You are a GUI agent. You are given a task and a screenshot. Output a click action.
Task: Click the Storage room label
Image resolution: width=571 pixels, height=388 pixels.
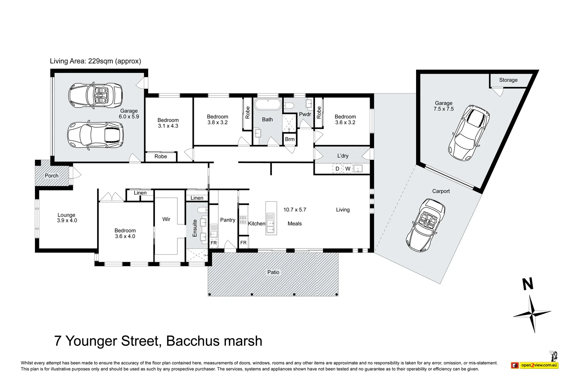tap(508, 80)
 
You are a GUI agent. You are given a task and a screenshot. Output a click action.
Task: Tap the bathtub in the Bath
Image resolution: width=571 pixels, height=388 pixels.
tap(268, 105)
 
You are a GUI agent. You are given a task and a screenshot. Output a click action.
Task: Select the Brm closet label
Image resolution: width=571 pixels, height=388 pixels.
tap(289, 139)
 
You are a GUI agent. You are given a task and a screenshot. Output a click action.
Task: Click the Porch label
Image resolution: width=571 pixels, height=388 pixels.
tap(51, 176)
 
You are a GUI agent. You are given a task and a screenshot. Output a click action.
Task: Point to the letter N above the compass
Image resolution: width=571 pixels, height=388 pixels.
tap(528, 284)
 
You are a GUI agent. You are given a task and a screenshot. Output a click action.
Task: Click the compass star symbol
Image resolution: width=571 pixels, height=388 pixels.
tap(532, 314)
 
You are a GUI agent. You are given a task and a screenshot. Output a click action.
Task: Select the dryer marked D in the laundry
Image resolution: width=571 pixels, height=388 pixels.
tap(337, 168)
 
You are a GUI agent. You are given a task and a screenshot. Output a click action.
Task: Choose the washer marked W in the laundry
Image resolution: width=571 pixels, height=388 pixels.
tap(348, 168)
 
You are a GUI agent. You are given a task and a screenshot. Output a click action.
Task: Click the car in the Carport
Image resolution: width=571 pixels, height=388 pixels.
tap(425, 225)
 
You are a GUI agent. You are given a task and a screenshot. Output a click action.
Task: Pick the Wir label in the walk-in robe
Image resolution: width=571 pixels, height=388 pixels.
tap(166, 219)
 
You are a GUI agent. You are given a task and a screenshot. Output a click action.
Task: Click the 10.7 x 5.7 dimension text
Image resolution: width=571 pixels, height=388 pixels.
tap(295, 210)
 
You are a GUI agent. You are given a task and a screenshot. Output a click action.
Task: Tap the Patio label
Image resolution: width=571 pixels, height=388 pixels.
tap(273, 272)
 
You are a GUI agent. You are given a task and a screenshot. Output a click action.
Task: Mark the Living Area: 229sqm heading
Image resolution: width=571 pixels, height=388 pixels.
tap(95, 61)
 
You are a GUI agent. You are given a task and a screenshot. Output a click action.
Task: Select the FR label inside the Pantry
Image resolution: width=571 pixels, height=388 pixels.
tap(214, 243)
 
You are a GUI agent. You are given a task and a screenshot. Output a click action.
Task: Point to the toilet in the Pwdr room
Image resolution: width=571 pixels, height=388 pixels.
tap(289, 106)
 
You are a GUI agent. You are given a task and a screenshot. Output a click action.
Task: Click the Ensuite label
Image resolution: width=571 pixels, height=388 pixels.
tap(195, 228)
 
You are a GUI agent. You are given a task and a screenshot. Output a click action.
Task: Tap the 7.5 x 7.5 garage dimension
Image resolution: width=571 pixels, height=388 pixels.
tap(444, 109)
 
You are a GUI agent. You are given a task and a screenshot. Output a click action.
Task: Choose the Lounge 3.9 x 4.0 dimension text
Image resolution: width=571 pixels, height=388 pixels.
tap(67, 220)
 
